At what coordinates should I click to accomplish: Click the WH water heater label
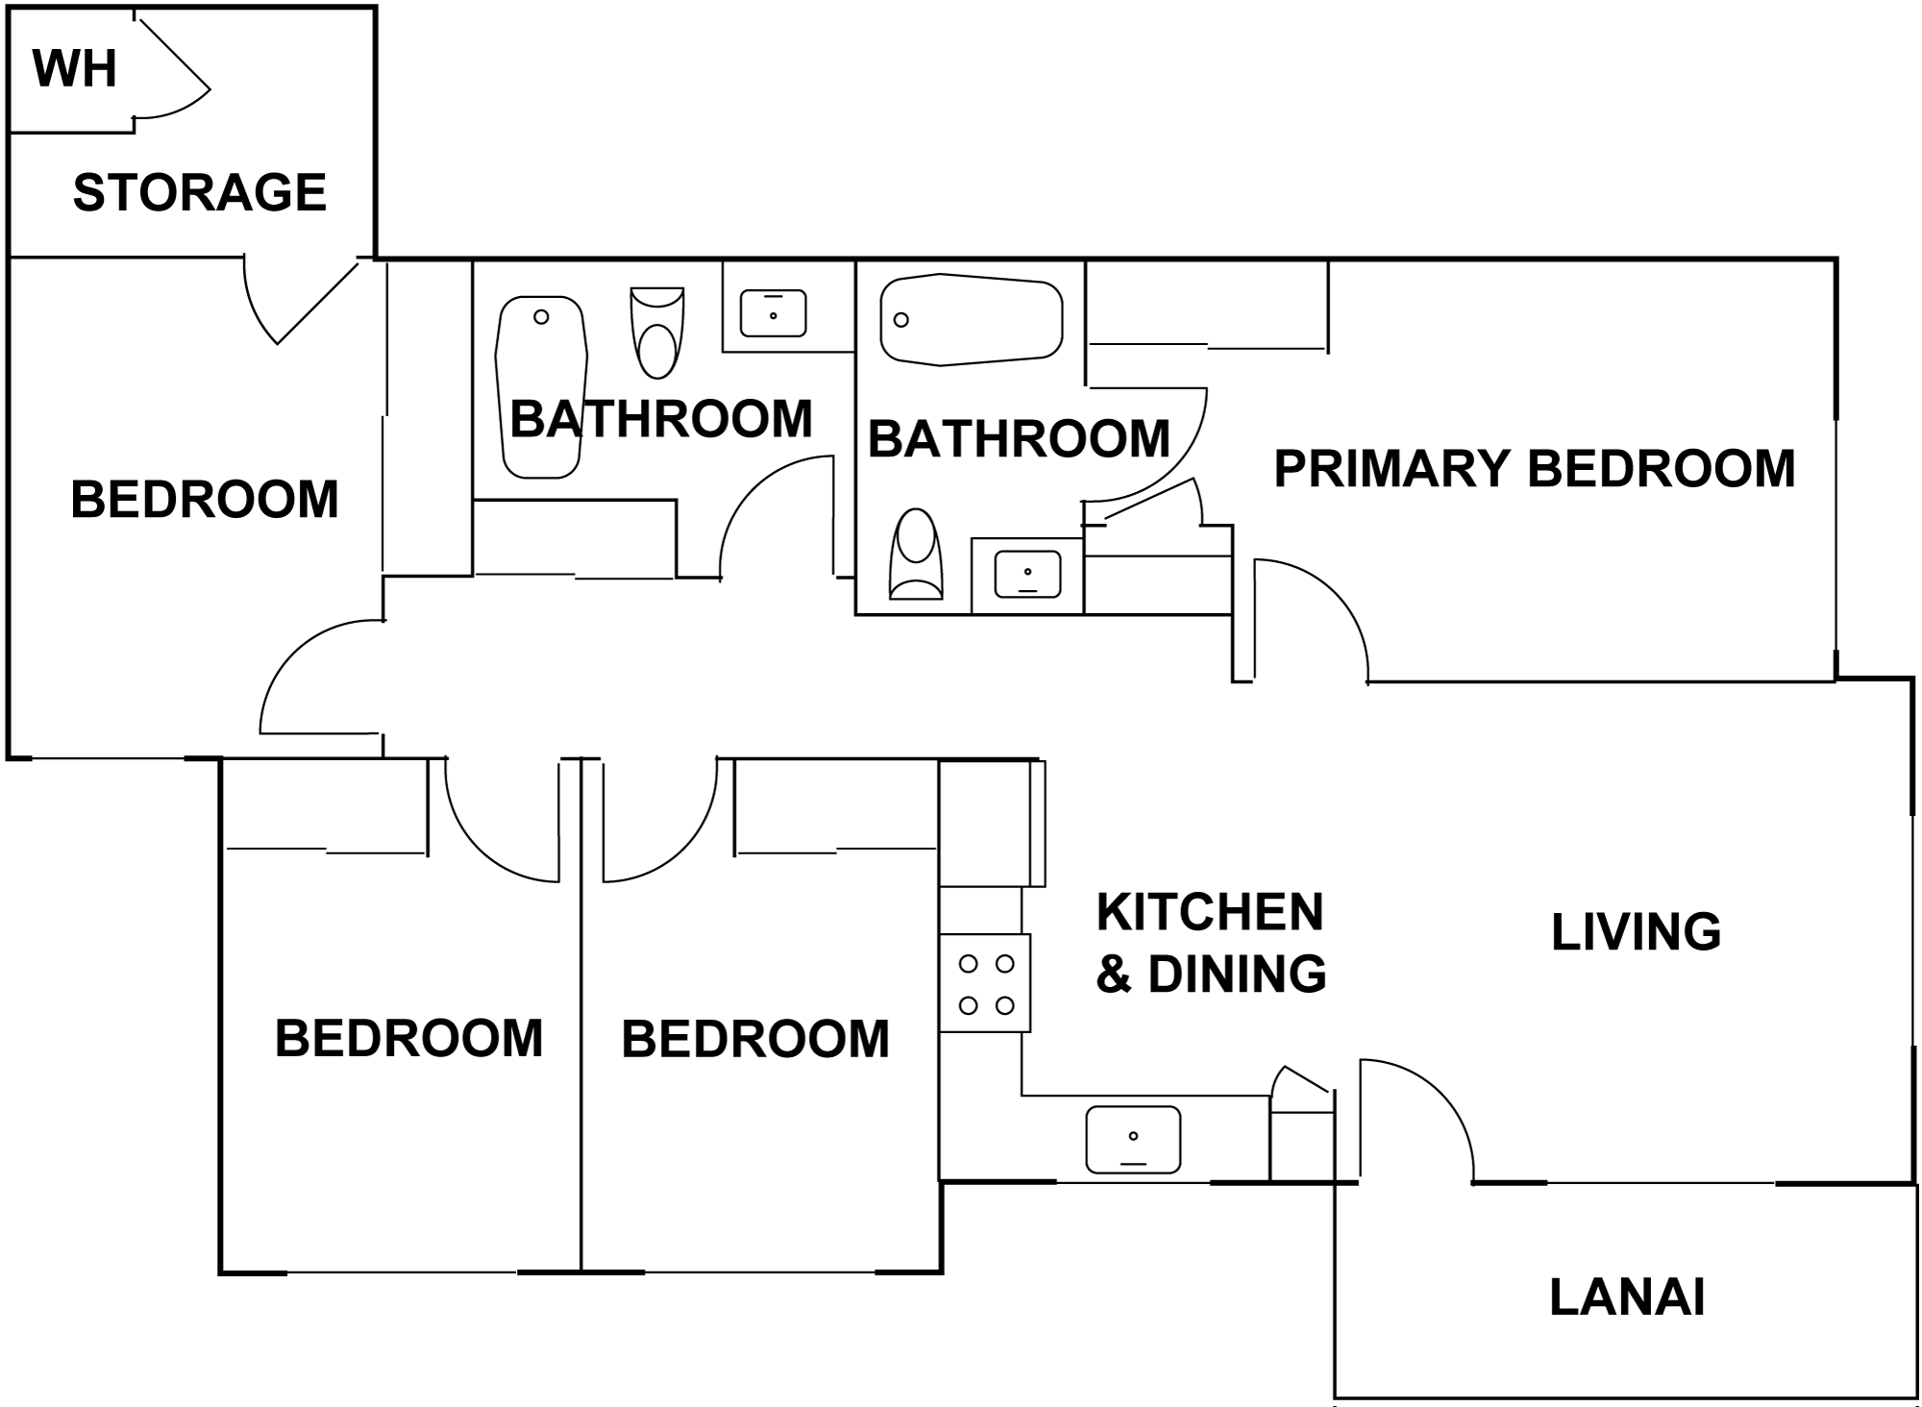75,68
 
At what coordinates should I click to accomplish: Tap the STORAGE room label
200,192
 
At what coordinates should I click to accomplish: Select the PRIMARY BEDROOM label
1535,469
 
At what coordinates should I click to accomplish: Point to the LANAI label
1627,1297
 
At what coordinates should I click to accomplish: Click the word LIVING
1637,932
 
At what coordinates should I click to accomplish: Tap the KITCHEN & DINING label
1211,943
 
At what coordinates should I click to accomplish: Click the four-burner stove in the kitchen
985,983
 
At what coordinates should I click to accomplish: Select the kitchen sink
1133,1140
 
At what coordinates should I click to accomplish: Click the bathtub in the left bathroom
541,387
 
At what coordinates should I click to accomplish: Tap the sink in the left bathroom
773,313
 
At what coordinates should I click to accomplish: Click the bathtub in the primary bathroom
972,320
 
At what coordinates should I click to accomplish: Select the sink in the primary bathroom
1027,574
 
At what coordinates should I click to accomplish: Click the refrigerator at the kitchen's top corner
992,823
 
